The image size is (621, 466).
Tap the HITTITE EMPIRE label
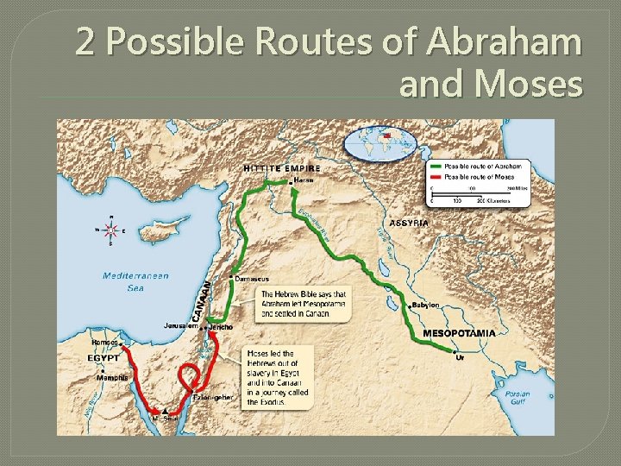click(x=282, y=168)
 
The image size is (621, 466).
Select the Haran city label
click(x=304, y=180)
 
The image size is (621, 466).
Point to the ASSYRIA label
click(x=409, y=223)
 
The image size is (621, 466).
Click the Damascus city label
click(x=252, y=279)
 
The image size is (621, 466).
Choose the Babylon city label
click(x=425, y=305)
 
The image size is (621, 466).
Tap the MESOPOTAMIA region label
click(x=459, y=332)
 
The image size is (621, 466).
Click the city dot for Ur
click(x=455, y=351)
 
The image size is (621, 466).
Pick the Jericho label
click(x=220, y=327)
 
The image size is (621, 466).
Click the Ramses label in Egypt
click(x=104, y=343)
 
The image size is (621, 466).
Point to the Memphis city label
click(x=112, y=377)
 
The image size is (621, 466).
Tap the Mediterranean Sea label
click(x=135, y=281)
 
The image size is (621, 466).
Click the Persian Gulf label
click(x=518, y=398)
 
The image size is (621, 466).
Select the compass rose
click(x=110, y=230)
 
